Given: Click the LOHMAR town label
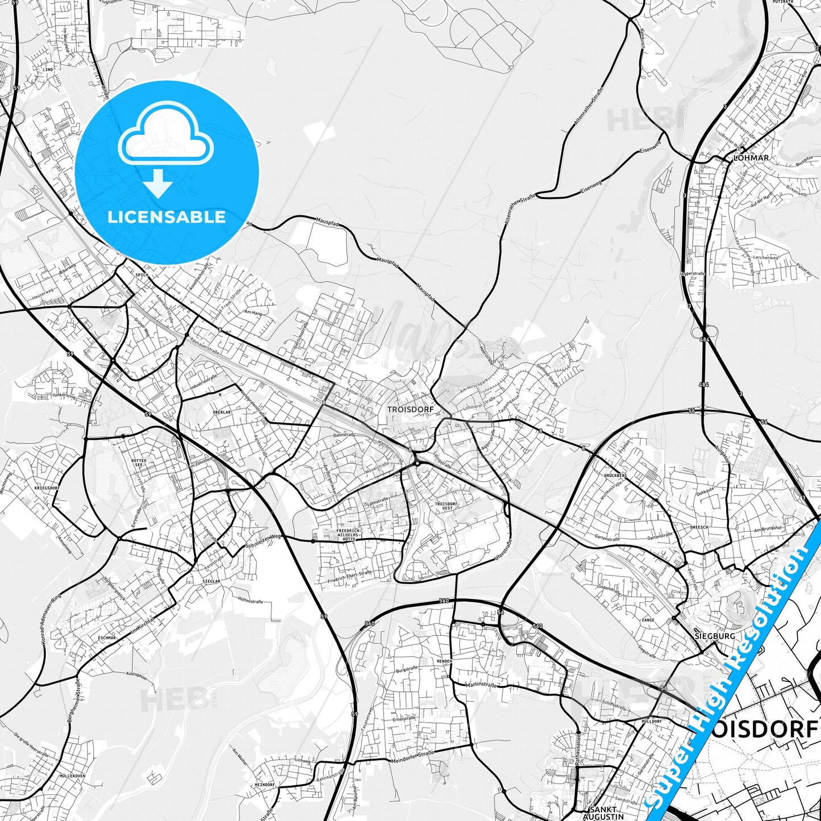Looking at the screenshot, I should click(x=751, y=158).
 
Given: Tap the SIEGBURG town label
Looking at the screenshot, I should click(x=714, y=636).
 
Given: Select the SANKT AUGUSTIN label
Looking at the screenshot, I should click(x=603, y=812).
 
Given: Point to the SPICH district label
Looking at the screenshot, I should click(x=141, y=275).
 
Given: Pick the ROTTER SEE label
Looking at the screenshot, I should click(x=139, y=463).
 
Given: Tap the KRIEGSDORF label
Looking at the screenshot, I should click(x=47, y=488).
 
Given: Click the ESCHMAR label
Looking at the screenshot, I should click(x=106, y=638).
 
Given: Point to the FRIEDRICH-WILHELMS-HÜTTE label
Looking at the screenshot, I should click(x=348, y=535).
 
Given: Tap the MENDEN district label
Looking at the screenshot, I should click(x=444, y=662).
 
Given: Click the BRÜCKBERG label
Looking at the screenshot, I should click(x=615, y=475).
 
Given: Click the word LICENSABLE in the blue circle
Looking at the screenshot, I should click(x=166, y=217).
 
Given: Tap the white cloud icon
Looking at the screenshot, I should click(x=165, y=135).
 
